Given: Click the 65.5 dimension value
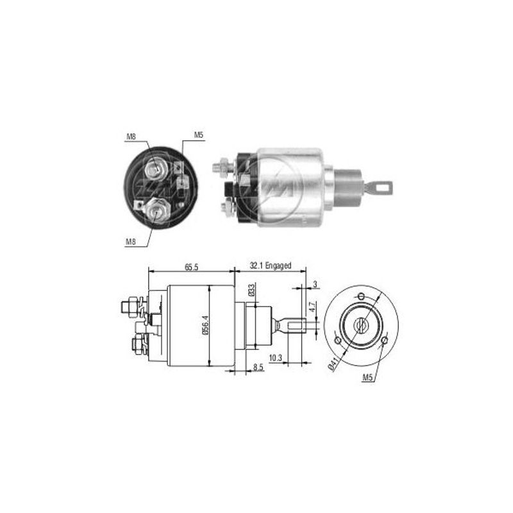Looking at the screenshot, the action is (x=191, y=267).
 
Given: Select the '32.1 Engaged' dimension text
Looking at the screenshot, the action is (x=271, y=265).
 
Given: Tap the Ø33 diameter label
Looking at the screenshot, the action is (x=251, y=290).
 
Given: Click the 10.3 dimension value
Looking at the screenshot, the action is (x=275, y=358).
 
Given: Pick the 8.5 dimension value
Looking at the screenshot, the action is (x=258, y=367).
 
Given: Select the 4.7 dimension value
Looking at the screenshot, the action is (x=312, y=308).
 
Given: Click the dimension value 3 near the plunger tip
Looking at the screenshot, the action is (x=315, y=284).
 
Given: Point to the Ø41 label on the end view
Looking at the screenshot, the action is (x=332, y=364).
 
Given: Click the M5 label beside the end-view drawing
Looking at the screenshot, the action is (x=367, y=377).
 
